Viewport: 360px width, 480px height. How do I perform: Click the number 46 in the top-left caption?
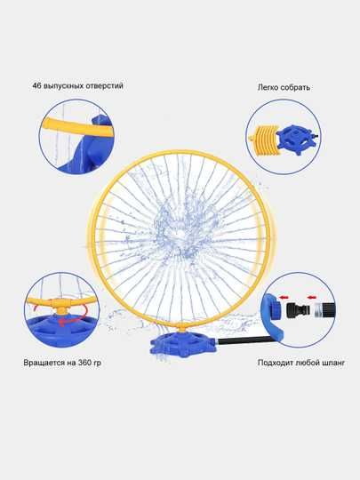[36, 85]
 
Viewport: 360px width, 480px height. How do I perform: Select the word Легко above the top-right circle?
[268, 87]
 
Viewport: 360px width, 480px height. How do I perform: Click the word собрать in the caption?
[295, 87]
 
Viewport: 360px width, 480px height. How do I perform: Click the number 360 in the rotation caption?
[84, 363]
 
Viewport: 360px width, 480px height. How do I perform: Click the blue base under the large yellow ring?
[183, 345]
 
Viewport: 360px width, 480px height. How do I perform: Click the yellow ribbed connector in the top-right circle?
[266, 138]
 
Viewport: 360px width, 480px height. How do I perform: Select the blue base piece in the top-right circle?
[296, 140]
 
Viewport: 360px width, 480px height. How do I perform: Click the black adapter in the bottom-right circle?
[298, 310]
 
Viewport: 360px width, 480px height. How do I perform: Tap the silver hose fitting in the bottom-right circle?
[321, 309]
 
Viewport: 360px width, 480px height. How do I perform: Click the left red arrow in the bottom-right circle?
[284, 297]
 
